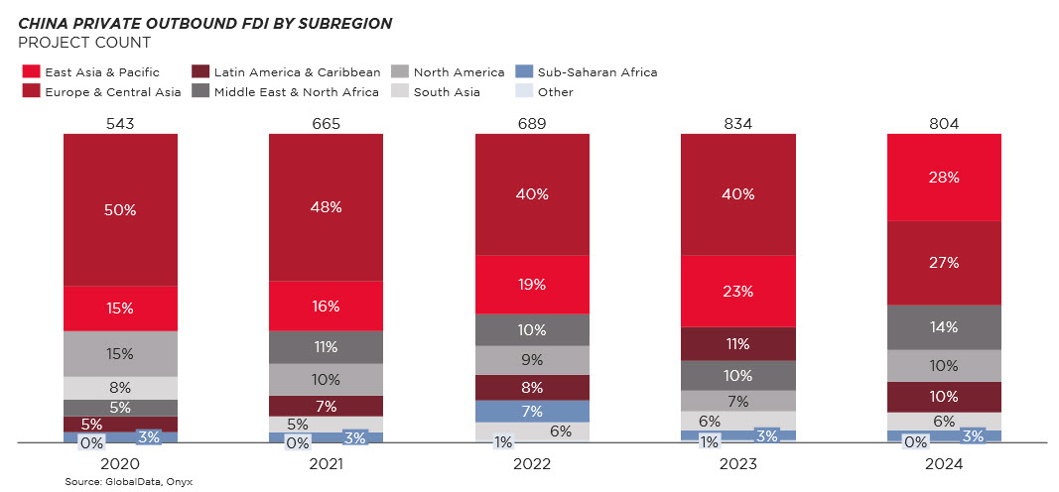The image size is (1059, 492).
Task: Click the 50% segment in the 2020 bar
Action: pyautogui.click(x=120, y=209)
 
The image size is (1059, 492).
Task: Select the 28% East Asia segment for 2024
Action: pyautogui.click(x=943, y=177)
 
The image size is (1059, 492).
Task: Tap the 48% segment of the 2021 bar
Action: pyautogui.click(x=326, y=206)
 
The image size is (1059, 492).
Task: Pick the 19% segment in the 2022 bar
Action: pyautogui.click(x=532, y=284)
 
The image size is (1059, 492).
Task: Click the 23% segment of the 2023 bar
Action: pyautogui.click(x=737, y=291)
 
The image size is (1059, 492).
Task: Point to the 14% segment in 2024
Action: pyautogui.click(x=943, y=326)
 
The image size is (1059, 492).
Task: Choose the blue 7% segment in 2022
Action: pyautogui.click(x=532, y=411)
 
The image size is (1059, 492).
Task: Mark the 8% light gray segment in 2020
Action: pyautogui.click(x=120, y=388)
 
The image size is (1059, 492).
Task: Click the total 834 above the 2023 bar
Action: pyautogui.click(x=737, y=123)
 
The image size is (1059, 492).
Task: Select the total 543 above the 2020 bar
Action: pyautogui.click(x=120, y=123)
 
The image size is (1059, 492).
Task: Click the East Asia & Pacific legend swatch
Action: pyautogui.click(x=31, y=71)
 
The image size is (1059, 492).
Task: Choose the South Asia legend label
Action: pyautogui.click(x=447, y=92)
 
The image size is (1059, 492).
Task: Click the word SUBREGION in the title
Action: pyautogui.click(x=336, y=23)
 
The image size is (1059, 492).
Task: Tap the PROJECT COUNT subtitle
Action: pyautogui.click(x=84, y=43)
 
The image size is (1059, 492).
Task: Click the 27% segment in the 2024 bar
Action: pyautogui.click(x=943, y=262)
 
